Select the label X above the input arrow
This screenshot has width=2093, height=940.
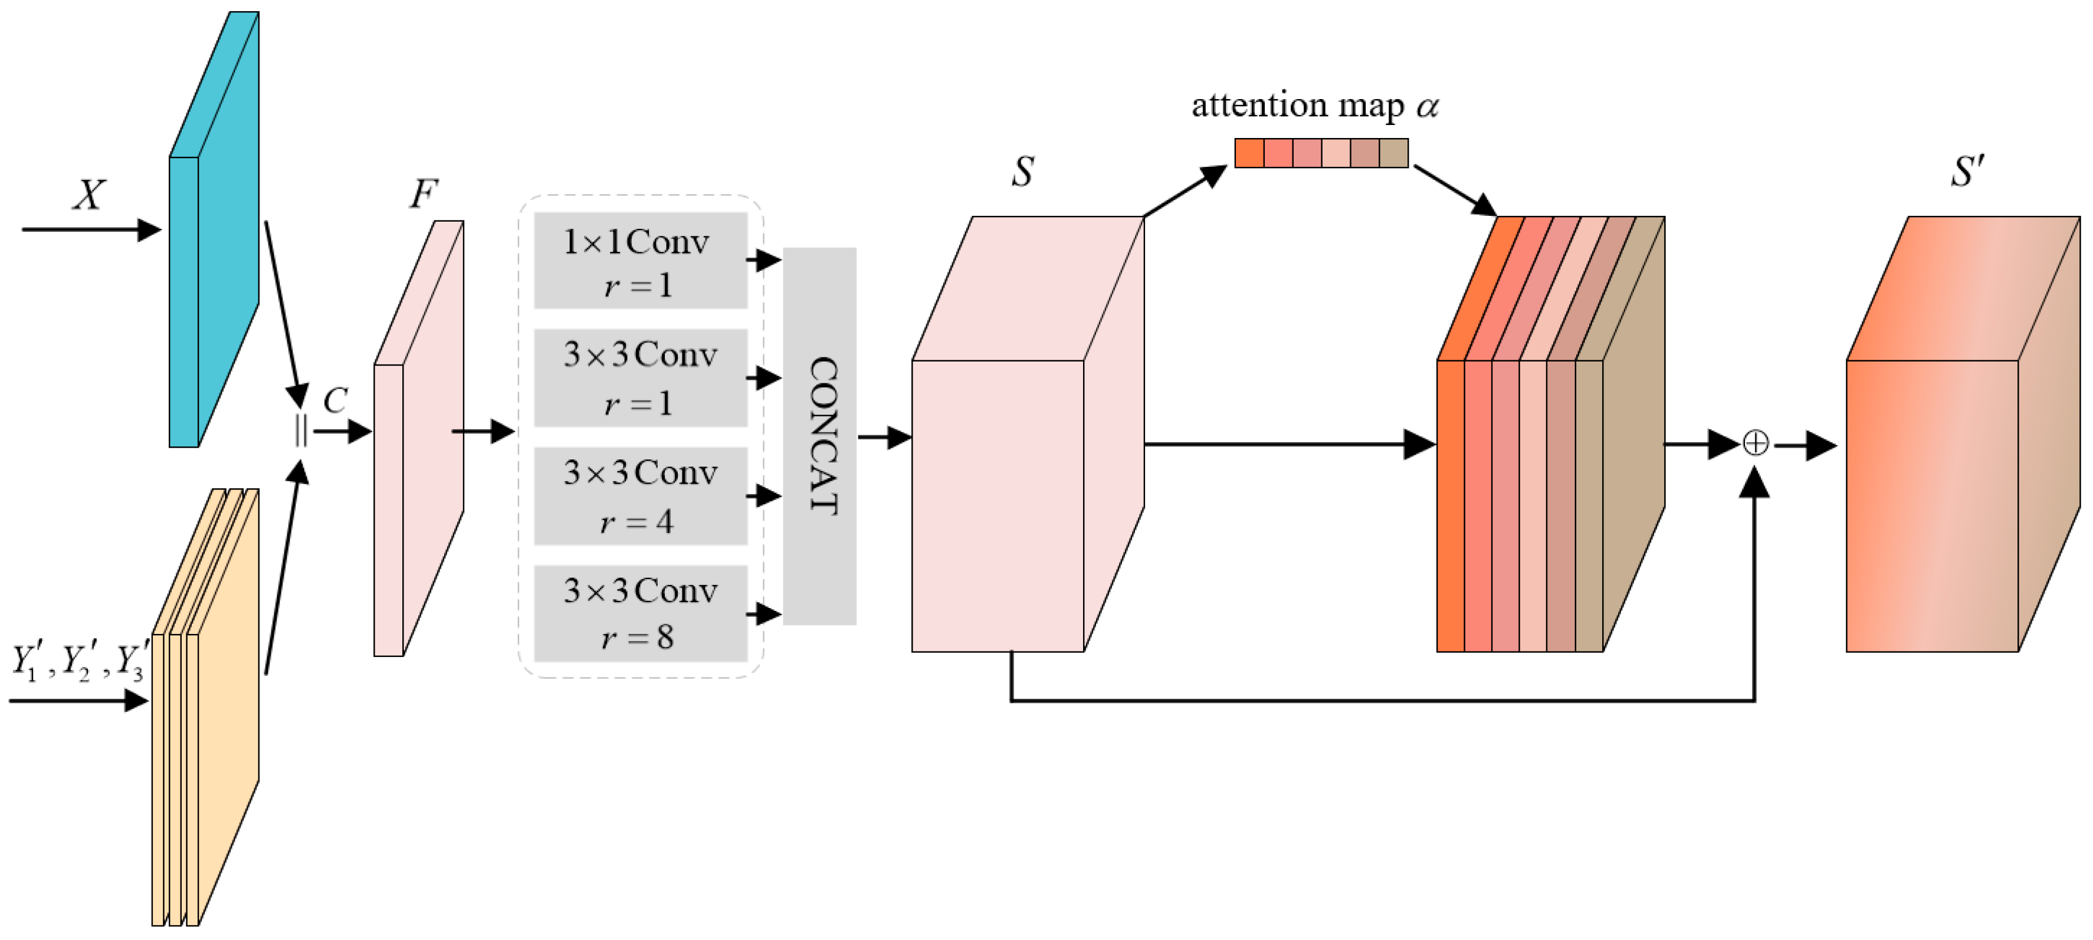(88, 195)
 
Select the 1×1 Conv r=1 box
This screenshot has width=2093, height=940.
(640, 261)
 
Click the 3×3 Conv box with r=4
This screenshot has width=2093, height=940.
(640, 495)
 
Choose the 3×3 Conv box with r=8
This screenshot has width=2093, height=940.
(640, 613)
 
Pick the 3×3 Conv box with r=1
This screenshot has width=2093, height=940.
(640, 378)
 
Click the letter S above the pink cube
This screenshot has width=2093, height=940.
(1023, 172)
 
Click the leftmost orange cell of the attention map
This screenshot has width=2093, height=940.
(1249, 153)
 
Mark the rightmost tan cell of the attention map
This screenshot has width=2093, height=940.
(1393, 153)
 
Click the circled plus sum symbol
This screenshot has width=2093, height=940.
(1756, 443)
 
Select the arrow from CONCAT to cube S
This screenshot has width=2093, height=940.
(885, 437)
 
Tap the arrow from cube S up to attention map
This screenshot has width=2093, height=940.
(1186, 192)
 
